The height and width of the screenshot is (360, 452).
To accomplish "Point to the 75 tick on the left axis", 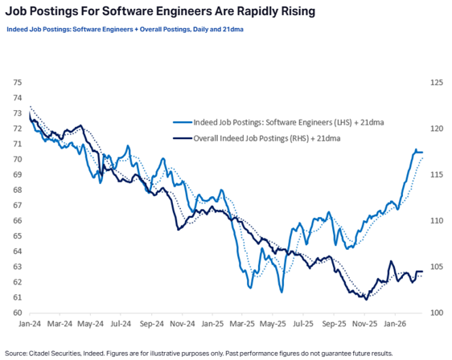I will pyautogui.click(x=17, y=82).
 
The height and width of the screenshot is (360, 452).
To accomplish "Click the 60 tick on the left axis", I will pyautogui.click(x=17, y=313).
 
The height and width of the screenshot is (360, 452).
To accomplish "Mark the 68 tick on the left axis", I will pyautogui.click(x=17, y=190).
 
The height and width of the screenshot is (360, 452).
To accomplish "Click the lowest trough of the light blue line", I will pyautogui.click(x=281, y=292).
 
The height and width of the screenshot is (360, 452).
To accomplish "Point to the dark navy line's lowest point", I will pyautogui.click(x=366, y=299).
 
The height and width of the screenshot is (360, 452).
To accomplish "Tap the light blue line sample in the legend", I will pyautogui.click(x=182, y=122).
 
